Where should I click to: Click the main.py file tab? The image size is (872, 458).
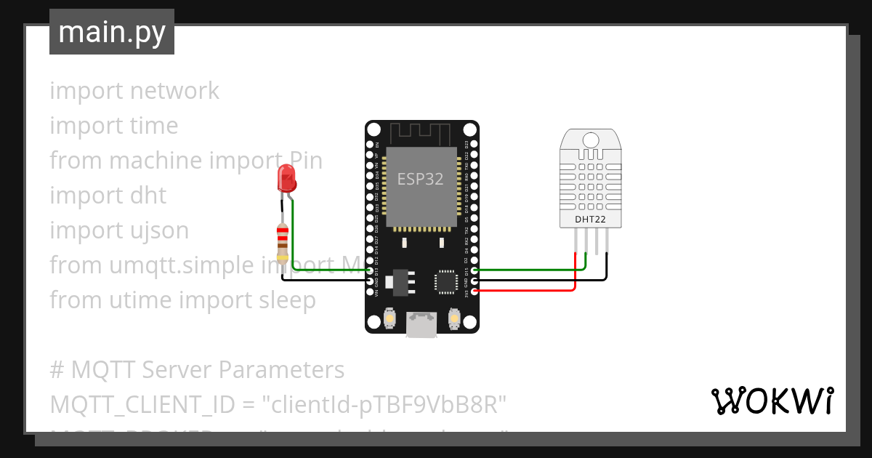111,32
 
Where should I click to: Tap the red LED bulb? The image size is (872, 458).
286,177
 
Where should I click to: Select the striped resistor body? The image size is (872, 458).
283,242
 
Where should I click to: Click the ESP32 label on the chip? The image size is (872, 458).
420,180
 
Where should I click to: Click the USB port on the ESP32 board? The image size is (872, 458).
421,324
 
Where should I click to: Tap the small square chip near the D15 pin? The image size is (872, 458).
443,281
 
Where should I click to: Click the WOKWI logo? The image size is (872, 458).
772,401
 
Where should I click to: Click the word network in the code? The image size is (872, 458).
174,91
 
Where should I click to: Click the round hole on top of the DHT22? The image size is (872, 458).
590,140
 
